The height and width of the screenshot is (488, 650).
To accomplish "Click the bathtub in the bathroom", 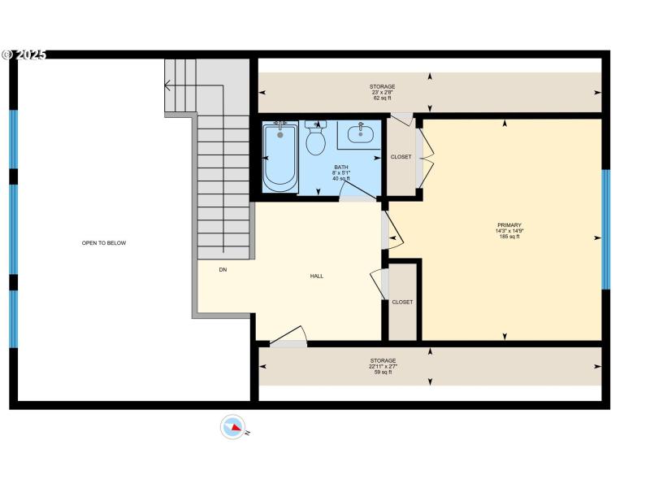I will [x=280, y=157].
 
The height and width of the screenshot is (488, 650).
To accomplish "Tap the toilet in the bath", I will [x=315, y=140].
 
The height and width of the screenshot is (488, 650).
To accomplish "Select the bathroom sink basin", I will [x=360, y=133].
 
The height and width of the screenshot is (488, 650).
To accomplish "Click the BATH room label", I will [x=340, y=167].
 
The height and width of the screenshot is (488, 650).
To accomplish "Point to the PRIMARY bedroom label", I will [x=509, y=225].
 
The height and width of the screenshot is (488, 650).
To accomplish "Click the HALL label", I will [x=317, y=276].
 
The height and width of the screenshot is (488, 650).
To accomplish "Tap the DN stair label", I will [x=223, y=269].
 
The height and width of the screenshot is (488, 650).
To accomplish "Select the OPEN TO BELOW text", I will [x=104, y=242].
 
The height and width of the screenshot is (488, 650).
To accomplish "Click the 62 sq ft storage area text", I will [x=383, y=98].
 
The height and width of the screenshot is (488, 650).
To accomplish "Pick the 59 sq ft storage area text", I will [x=383, y=372].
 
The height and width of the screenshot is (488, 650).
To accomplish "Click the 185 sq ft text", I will [x=509, y=237].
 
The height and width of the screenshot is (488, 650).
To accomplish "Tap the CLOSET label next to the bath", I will [x=401, y=157].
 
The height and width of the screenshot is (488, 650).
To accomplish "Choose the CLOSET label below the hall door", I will [x=402, y=302].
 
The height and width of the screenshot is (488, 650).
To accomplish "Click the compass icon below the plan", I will [x=233, y=427].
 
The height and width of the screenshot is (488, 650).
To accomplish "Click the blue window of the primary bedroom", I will [x=605, y=229].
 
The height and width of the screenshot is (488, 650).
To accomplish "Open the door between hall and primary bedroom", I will [x=392, y=232].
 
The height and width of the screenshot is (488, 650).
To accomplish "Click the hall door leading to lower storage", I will [x=288, y=338].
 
